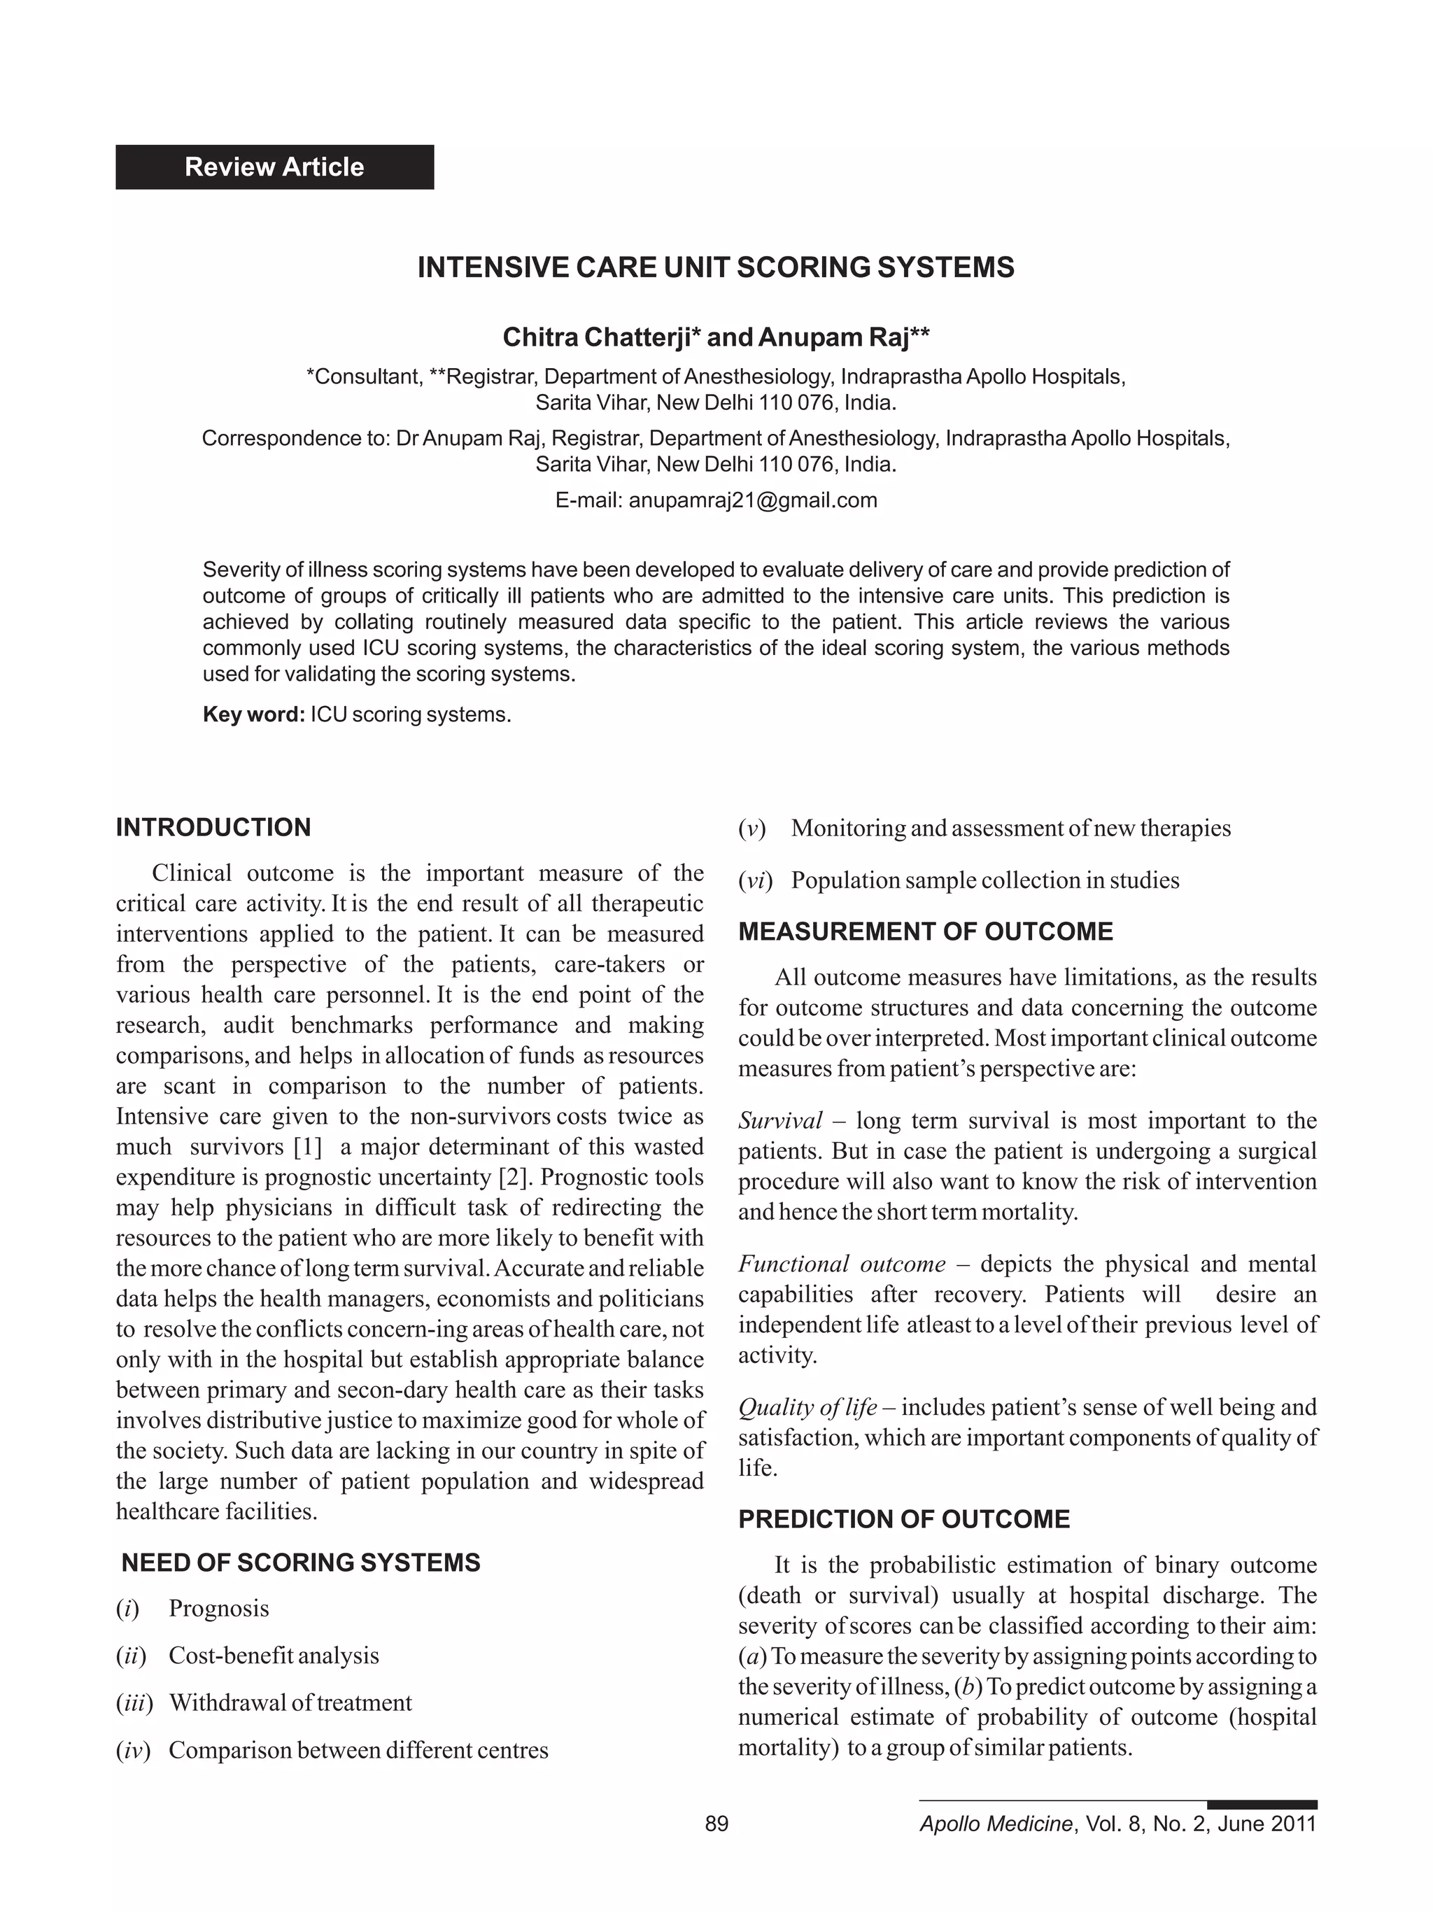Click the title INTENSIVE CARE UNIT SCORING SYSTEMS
point(715,268)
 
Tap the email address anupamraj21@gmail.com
point(752,500)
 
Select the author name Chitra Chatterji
point(596,337)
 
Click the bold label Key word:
point(253,714)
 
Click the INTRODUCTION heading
point(213,827)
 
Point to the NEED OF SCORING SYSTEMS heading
point(301,1562)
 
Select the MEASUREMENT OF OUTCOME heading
point(925,931)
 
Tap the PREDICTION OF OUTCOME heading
point(903,1518)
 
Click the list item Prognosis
point(218,1608)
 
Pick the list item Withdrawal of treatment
point(290,1702)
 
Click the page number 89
point(716,1823)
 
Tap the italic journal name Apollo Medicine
point(995,1823)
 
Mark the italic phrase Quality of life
point(807,1407)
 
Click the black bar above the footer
point(1261,1804)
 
